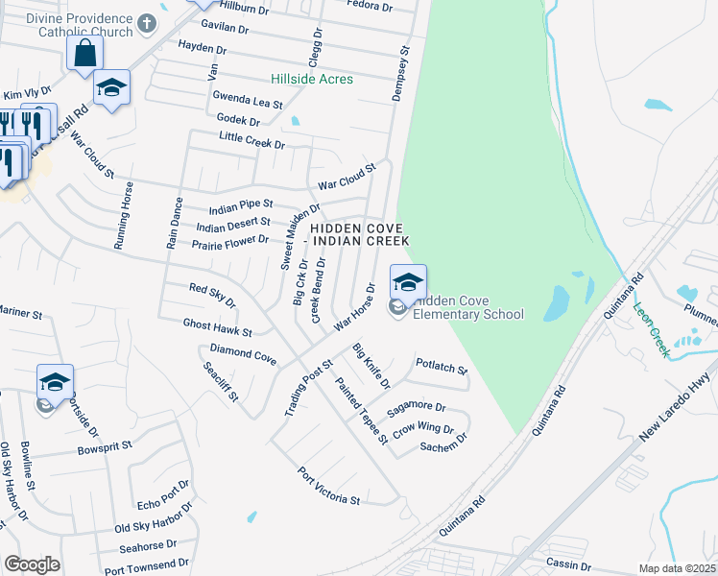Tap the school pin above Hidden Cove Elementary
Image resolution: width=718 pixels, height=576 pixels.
click(x=408, y=282)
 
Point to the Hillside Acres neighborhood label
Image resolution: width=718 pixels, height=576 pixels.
click(x=312, y=79)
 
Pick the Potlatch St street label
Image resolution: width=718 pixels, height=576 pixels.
click(x=441, y=369)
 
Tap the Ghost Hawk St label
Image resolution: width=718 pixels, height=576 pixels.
click(x=217, y=327)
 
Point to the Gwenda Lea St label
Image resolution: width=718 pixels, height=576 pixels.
click(x=248, y=101)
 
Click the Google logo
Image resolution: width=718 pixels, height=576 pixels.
click(x=32, y=564)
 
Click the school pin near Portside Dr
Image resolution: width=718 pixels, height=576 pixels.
click(x=55, y=382)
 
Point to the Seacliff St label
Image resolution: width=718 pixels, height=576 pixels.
click(x=220, y=382)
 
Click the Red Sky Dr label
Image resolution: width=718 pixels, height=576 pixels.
click(x=212, y=295)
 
